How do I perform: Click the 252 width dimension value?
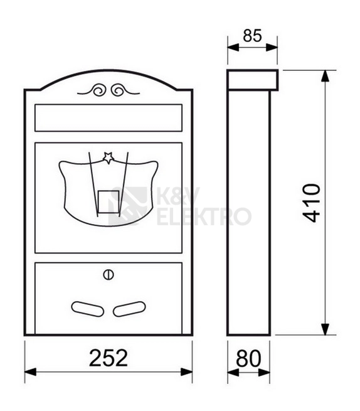(109, 358)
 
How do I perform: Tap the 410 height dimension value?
(312, 203)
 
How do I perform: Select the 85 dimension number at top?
(252, 36)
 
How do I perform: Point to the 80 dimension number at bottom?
(248, 358)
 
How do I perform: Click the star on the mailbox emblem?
(109, 157)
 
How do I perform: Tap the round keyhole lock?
(109, 275)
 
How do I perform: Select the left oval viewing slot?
(88, 309)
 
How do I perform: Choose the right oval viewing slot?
(129, 309)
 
